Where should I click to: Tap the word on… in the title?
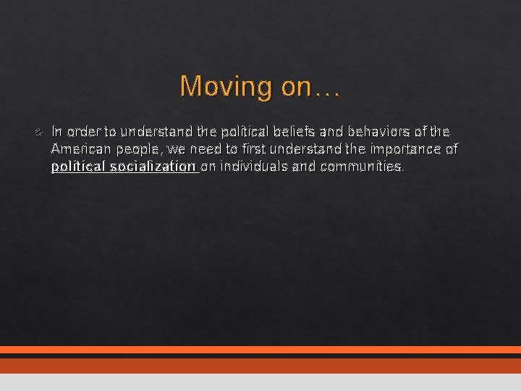coord(310,87)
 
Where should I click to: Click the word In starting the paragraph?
coord(57,132)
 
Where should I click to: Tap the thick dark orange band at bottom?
coord(260,366)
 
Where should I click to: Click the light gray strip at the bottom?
coord(260,382)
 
